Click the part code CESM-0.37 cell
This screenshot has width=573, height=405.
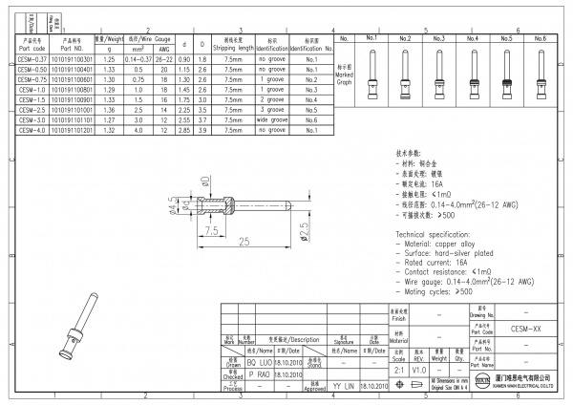(32, 58)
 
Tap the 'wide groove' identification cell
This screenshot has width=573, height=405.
(272, 121)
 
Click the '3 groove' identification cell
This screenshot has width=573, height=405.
(272, 110)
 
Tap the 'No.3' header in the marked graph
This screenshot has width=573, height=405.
(438, 38)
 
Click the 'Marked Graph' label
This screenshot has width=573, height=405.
(344, 75)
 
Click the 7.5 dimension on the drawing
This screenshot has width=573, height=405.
(211, 230)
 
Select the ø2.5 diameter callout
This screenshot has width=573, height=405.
(304, 229)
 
